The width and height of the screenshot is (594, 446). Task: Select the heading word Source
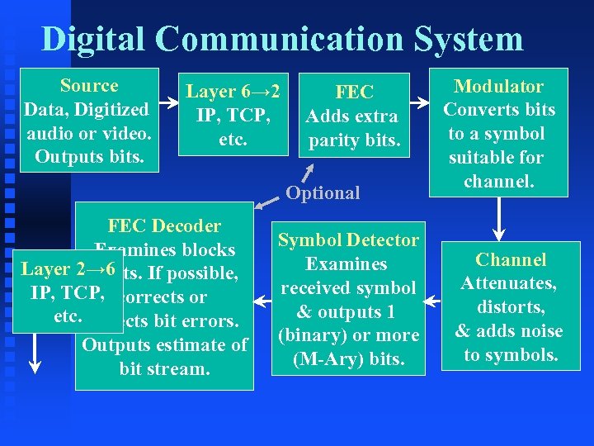(89, 86)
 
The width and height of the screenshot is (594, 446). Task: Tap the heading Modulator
(499, 87)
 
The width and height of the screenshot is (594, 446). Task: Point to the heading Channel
(511, 260)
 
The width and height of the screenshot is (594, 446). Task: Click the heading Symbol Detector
(348, 240)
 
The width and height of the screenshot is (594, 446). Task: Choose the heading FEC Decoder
(164, 226)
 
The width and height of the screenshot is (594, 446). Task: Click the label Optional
(323, 193)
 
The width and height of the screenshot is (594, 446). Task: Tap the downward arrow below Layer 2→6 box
(35, 351)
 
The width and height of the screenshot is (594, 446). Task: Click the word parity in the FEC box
(333, 140)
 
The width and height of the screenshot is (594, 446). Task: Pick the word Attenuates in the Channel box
(509, 284)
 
